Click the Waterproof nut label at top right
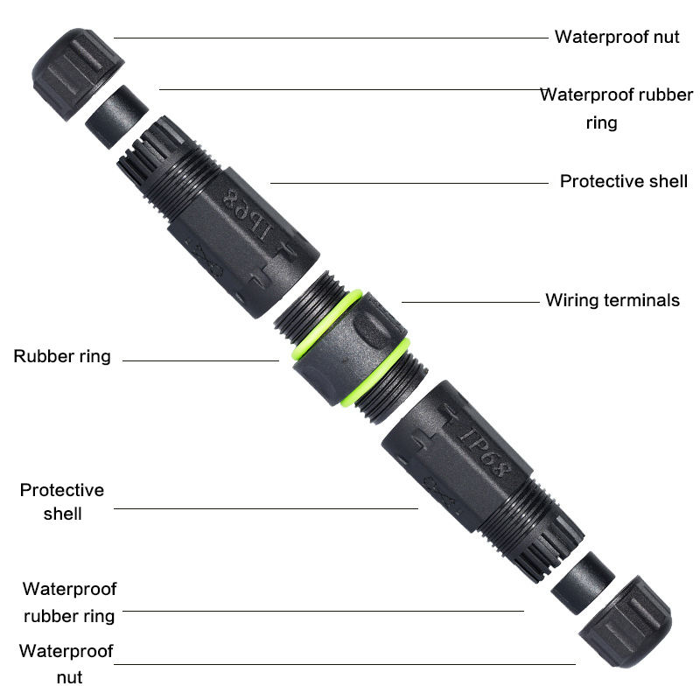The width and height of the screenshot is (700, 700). (x=617, y=37)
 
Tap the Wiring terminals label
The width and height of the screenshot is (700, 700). (x=612, y=300)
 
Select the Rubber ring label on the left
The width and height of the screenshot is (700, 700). (x=62, y=356)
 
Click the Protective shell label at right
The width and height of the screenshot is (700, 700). (x=623, y=181)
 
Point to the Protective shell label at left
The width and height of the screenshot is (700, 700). (x=62, y=501)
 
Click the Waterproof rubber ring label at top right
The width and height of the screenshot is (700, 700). (x=615, y=108)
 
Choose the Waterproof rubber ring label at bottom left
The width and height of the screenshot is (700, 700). (x=69, y=602)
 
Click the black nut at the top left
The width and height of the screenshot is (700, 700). (x=77, y=66)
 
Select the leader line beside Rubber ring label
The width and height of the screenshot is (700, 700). (x=201, y=360)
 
